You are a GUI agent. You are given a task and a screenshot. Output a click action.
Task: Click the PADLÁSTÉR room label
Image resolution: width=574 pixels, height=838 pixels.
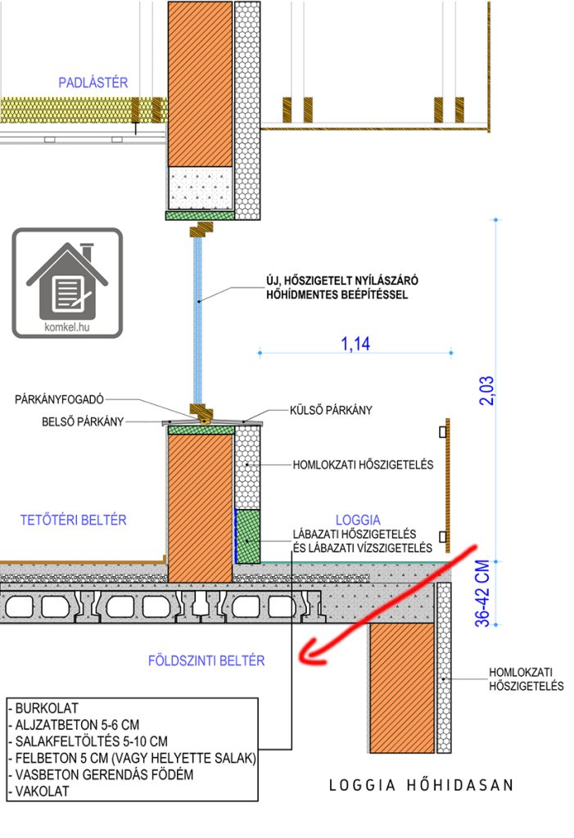pos(93,83)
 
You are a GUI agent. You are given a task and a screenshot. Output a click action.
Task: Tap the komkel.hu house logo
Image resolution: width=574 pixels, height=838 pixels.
pos(67,282)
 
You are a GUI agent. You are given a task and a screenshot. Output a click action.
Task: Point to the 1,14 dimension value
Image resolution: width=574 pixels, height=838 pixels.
pos(355,344)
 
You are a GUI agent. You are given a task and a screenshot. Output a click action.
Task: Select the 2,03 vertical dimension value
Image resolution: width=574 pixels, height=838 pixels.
pos(486,390)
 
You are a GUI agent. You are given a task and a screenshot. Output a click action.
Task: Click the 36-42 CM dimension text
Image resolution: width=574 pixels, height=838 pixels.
pos(482,593)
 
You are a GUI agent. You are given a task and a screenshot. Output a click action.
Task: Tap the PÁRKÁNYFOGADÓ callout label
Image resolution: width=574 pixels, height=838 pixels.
pos(60,399)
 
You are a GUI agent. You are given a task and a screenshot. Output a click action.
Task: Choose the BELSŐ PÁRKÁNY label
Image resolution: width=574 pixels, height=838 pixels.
pos(83,421)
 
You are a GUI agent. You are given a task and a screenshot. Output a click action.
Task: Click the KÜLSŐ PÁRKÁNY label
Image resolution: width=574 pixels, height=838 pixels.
pos(331,411)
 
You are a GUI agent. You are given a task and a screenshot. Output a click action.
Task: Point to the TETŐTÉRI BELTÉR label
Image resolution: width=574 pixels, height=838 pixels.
pos(74,520)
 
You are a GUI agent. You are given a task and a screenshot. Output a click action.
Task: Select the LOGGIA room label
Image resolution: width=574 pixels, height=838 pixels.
pos(359,520)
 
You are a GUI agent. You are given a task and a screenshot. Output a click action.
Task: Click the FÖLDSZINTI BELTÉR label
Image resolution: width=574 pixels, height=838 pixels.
pos(206,660)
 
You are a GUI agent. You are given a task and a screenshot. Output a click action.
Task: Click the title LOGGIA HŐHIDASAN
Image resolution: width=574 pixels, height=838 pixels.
pos(422,785)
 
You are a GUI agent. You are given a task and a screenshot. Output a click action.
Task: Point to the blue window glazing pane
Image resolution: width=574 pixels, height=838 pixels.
pos(198,321)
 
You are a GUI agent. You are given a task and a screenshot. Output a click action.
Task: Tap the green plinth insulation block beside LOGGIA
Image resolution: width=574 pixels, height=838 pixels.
pos(247,536)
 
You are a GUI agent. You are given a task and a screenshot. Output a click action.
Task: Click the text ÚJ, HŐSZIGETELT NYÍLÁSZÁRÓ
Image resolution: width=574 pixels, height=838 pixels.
pos(342,281)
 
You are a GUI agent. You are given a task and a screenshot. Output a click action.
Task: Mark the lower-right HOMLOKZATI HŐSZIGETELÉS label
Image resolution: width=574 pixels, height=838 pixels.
pos(527,679)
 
